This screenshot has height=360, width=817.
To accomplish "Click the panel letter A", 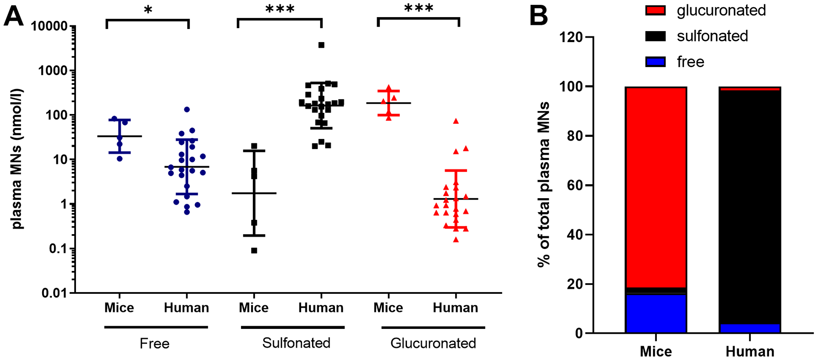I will coord(13,17).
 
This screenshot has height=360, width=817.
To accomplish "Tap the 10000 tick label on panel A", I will coord(49,27).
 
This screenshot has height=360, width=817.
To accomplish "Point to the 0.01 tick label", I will coord(54,293).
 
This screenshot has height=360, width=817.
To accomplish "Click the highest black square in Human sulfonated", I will coord(321,45).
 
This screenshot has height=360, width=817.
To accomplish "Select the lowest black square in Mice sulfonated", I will coord(254,250).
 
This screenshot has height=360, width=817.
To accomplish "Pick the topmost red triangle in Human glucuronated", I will coord(456,121).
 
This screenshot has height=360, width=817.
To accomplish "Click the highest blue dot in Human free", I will coord(187,110).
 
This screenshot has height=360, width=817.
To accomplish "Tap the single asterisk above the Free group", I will coord(148,10).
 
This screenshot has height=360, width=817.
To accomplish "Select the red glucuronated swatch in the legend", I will coord(655,11).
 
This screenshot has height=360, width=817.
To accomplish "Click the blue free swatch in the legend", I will coord(655,62).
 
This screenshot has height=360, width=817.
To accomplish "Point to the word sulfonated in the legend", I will coord(712,36).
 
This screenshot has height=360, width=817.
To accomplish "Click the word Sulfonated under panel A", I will coord(296,343).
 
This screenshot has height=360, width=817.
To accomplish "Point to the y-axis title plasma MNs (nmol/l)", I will coord(17,159).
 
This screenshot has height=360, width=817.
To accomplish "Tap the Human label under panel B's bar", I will coord(750,351).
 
